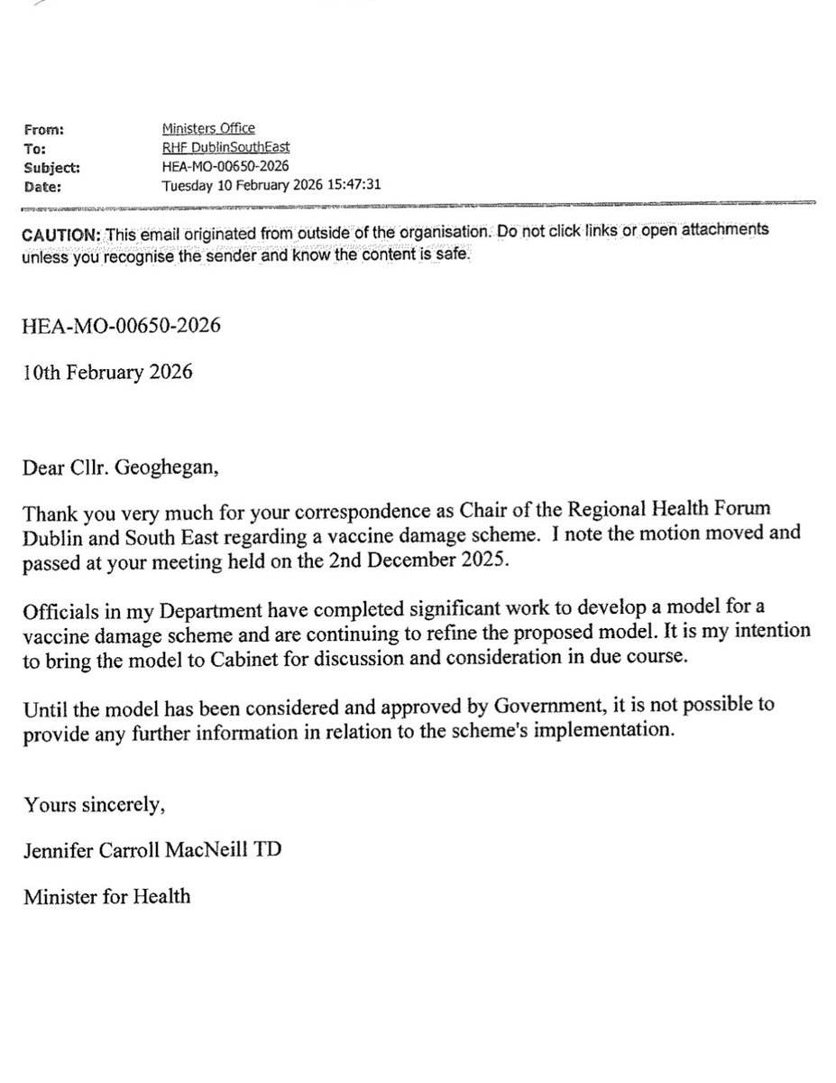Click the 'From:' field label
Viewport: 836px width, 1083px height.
coord(45,130)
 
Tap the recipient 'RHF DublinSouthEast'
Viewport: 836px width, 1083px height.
coord(225,148)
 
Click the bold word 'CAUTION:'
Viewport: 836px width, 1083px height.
coord(60,233)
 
